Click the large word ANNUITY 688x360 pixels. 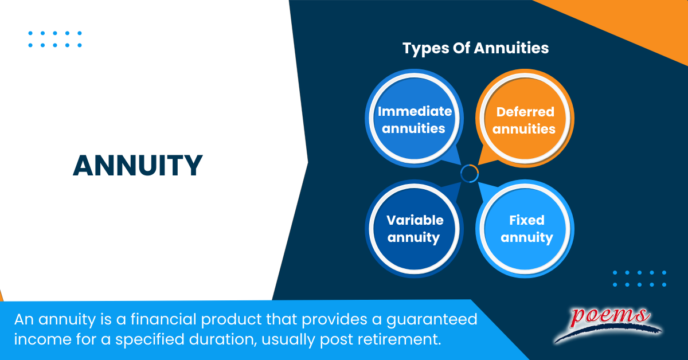coord(138,166)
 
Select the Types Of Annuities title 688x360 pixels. coord(475,48)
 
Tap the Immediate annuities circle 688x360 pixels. coord(414,119)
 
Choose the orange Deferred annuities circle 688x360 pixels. coord(524,120)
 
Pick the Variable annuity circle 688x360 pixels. coord(414,228)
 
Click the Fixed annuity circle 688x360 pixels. coord(526,228)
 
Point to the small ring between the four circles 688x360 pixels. coord(470,174)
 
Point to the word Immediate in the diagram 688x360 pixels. coord(415,111)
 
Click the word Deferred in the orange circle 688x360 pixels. coord(525,112)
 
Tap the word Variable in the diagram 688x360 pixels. coord(415,220)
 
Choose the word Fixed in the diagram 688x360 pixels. coord(526,220)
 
